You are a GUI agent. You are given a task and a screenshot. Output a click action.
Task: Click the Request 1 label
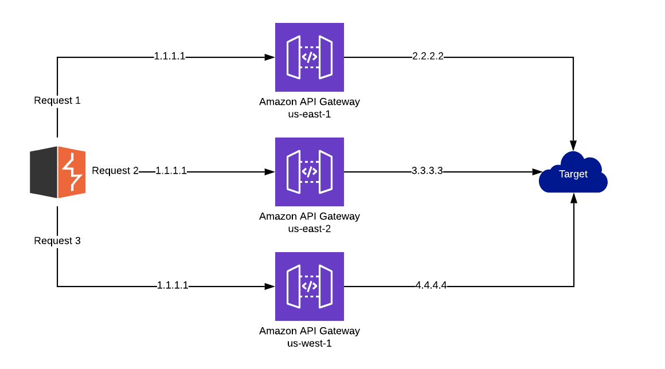57,100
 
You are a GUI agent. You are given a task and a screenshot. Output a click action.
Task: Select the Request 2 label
115,171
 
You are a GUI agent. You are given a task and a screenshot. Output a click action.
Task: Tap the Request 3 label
57,241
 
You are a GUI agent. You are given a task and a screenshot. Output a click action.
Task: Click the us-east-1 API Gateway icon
310,57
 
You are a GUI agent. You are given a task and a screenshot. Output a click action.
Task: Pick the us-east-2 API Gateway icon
310,172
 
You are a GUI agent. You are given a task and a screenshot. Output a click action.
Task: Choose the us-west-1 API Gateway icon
310,286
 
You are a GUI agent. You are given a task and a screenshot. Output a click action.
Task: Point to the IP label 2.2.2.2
428,56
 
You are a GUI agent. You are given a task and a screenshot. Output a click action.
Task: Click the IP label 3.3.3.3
427,171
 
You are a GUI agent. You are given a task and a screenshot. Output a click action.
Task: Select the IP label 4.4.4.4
431,285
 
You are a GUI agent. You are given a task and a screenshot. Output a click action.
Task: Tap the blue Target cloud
573,173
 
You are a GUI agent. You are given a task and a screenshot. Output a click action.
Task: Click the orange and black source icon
58,172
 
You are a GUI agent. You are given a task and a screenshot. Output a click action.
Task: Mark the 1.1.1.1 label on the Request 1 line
170,56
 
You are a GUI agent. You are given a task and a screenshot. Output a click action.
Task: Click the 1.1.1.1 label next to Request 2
171,171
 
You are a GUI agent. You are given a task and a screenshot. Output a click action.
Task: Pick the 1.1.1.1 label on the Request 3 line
173,285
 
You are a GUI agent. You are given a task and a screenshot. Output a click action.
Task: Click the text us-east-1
310,114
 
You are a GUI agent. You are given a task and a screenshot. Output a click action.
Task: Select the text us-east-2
310,229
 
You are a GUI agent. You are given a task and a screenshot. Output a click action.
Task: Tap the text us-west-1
310,343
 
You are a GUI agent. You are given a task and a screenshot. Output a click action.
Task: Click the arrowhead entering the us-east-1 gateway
269,57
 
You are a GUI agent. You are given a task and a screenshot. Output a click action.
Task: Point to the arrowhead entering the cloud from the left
537,172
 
